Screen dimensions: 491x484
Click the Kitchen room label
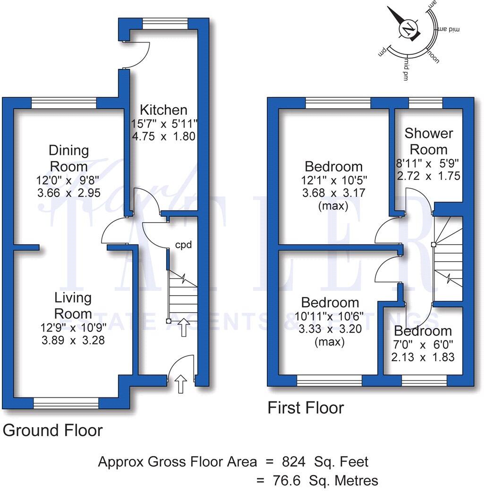click(x=163, y=110)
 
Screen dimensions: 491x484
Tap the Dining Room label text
click(x=69, y=158)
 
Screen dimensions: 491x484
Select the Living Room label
click(x=73, y=305)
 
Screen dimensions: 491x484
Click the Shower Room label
click(x=428, y=141)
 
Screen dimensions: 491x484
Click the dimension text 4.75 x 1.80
click(x=163, y=137)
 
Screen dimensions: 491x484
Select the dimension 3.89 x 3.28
click(x=73, y=340)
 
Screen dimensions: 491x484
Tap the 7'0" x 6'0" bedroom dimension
click(x=423, y=345)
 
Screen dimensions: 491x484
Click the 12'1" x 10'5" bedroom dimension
click(x=333, y=180)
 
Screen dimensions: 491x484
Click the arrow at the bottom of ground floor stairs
click(x=183, y=327)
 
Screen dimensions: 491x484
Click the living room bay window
click(x=66, y=403)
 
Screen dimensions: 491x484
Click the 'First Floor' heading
click(x=306, y=407)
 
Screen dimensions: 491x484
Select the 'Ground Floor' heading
click(x=52, y=430)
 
